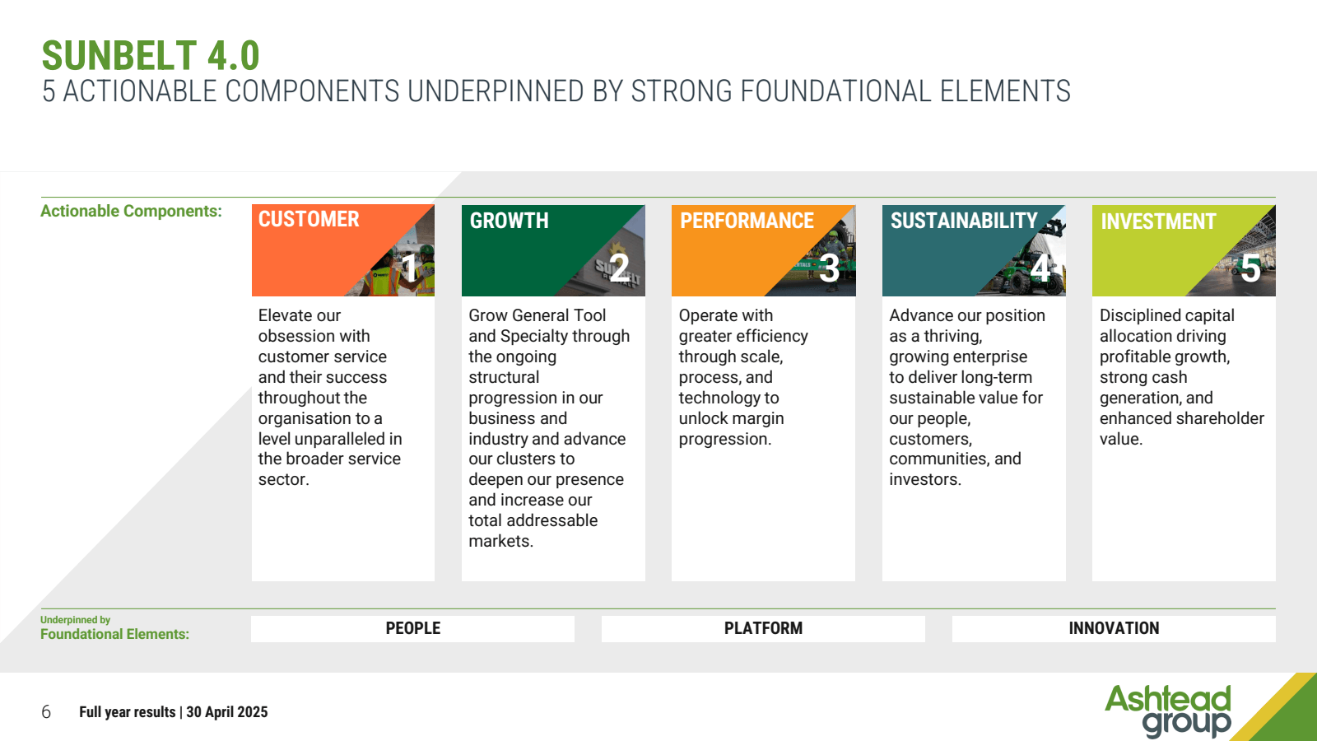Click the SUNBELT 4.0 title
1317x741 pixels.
tap(151, 56)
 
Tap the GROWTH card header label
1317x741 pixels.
tap(510, 221)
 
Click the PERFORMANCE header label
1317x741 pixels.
tap(747, 221)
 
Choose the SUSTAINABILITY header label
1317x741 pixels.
tap(964, 221)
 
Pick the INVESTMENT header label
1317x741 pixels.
tap(1158, 221)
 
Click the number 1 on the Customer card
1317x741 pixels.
tap(409, 268)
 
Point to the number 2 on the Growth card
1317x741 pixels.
tap(619, 268)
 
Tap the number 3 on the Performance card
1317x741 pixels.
tap(829, 268)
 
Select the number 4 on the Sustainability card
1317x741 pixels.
tap(1040, 268)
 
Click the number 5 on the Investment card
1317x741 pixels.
tap(1250, 268)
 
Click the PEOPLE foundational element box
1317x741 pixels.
tap(412, 629)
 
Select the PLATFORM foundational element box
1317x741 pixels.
tap(763, 629)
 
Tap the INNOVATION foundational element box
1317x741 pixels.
tap(1114, 629)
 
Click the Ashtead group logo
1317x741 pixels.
tap(1168, 711)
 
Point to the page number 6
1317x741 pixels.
tap(46, 712)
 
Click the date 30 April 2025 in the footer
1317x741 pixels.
tap(227, 712)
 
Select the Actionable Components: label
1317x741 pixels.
tap(131, 211)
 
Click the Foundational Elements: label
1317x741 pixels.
tap(114, 634)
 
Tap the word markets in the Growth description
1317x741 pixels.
tap(501, 541)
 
